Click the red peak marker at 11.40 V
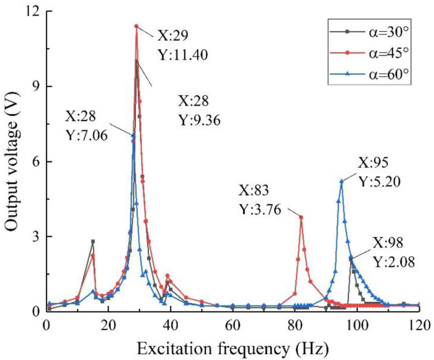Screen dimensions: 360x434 point(136,26)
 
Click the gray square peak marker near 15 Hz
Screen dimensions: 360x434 point(93,242)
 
